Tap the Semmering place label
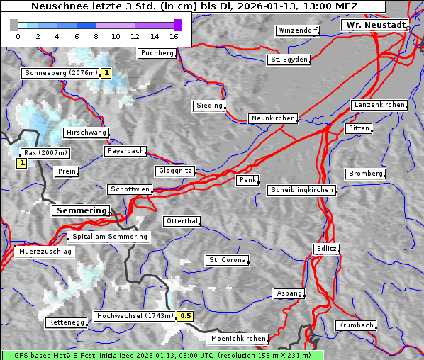click(82, 210)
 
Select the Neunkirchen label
click(273, 118)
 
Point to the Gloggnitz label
click(174, 171)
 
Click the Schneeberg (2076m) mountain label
click(60, 73)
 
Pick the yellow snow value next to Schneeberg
click(106, 73)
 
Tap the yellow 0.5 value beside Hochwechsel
click(186, 316)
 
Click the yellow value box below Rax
click(22, 164)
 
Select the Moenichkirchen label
click(239, 339)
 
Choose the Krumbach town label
click(355, 325)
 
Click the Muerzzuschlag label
click(45, 252)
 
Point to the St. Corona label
click(228, 260)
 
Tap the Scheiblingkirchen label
click(301, 190)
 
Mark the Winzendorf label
click(298, 31)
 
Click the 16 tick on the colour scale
click(174, 35)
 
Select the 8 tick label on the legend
click(96, 35)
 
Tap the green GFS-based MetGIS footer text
click(162, 355)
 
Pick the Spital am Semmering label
click(109, 237)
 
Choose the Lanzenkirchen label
click(379, 105)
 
